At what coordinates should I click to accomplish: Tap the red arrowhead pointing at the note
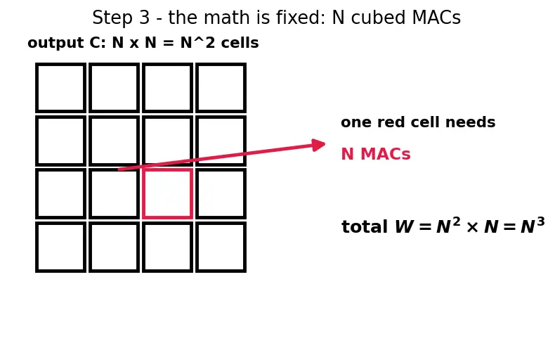point(318,145)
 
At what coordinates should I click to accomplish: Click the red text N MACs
point(376,154)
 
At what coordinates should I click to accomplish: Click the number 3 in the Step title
point(145,18)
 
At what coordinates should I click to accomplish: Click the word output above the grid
point(56,43)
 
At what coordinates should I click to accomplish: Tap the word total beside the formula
point(365,227)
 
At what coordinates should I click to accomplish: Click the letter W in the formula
point(404,227)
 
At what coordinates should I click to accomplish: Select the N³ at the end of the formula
point(533,225)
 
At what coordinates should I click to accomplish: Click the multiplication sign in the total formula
point(472,228)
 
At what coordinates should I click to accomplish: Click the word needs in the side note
point(470,122)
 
